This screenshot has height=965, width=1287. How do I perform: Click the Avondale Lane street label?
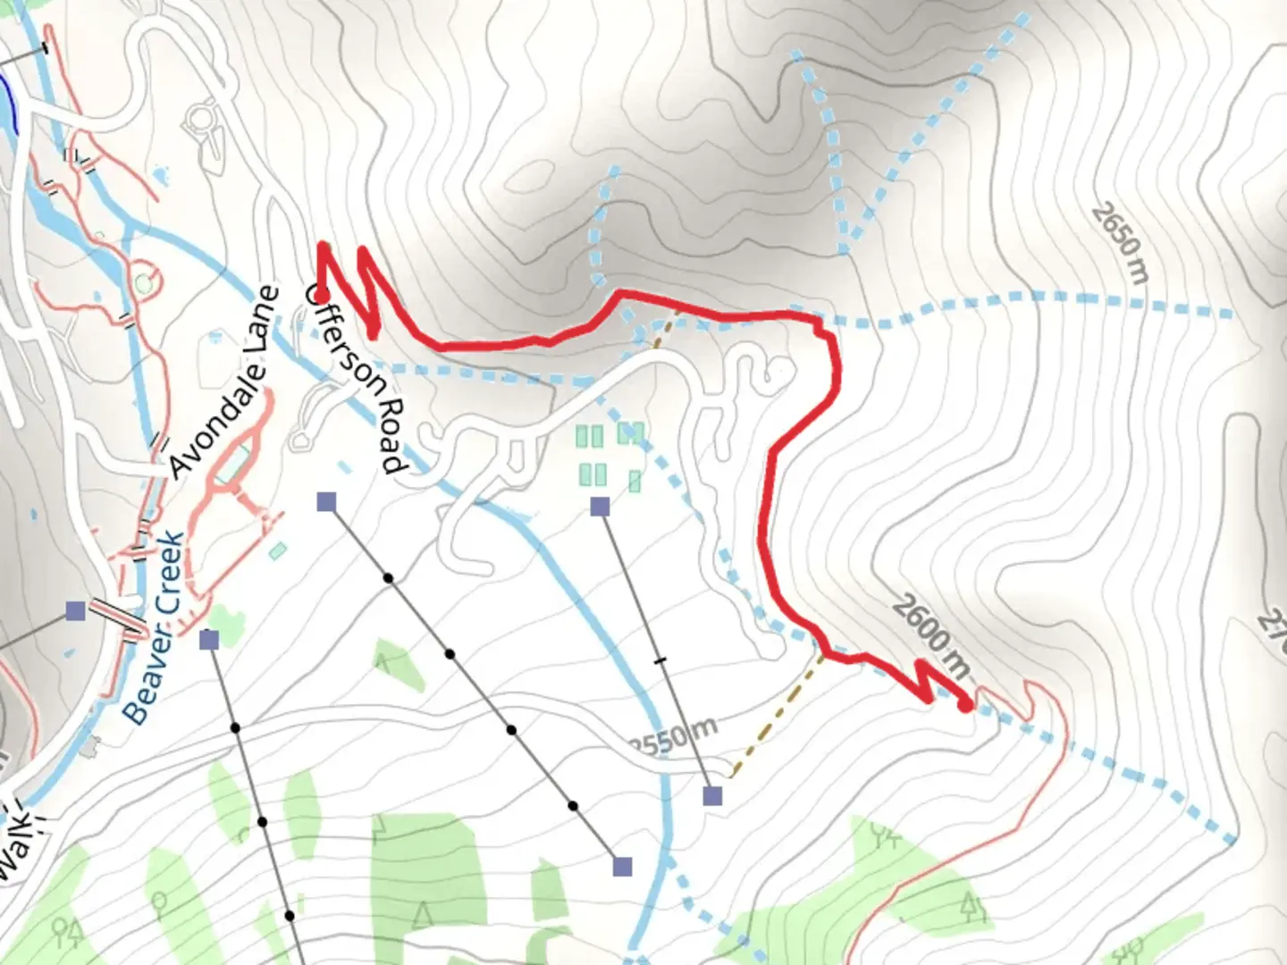(220, 382)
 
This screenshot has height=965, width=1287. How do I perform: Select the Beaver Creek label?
(154, 627)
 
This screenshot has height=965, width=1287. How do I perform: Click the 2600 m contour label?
(929, 636)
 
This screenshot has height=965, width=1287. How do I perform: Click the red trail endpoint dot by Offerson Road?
(321, 295)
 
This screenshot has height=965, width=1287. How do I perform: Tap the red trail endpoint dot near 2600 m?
(965, 705)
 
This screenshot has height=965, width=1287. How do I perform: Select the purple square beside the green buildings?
(600, 508)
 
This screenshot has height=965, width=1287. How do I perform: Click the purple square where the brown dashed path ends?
(712, 795)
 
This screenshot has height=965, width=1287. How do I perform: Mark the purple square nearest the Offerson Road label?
(326, 502)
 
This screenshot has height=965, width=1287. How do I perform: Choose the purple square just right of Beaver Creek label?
(210, 640)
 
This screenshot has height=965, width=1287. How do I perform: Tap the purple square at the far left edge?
(76, 611)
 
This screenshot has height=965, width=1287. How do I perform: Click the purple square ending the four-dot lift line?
(623, 866)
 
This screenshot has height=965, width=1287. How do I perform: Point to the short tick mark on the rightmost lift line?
(660, 660)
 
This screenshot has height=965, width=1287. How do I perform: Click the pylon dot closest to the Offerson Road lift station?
(389, 578)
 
